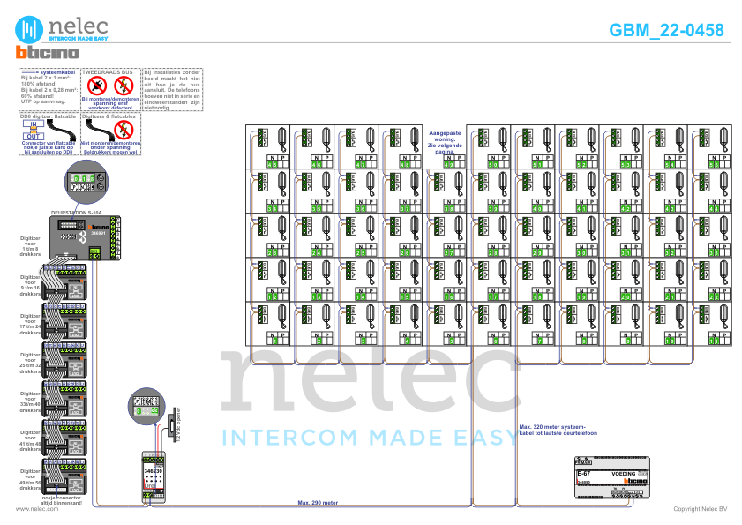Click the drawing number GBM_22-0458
click(666, 30)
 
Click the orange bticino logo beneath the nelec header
click(46, 53)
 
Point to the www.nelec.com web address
click(31, 509)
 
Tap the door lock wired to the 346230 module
click(176, 425)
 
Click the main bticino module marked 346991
click(90, 236)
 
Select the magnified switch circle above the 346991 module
click(86, 182)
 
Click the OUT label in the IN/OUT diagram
click(33, 135)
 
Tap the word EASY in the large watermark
click(481, 437)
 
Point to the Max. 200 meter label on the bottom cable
click(318, 504)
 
